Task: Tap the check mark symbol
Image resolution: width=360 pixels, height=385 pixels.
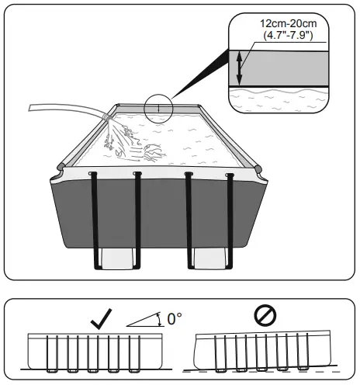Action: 99,317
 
